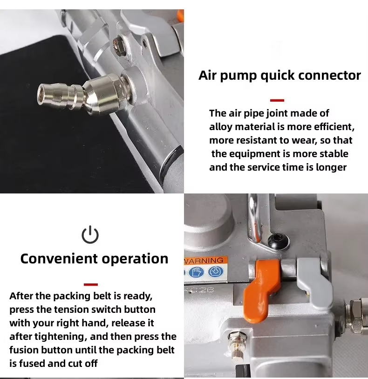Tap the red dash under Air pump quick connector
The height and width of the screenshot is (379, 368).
277,100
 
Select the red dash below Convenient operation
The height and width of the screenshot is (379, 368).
91,284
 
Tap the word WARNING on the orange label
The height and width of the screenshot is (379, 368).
204,260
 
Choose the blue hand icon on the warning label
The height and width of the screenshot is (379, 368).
196,272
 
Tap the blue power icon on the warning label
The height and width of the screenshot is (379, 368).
215,272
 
